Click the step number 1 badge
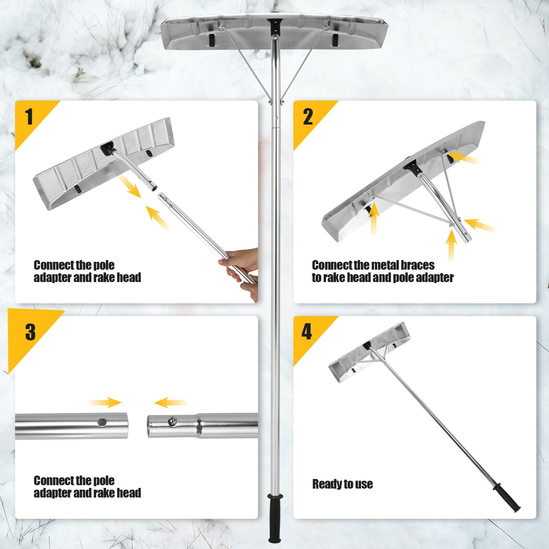(30, 116)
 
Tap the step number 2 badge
(308, 116)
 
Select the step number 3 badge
(30, 332)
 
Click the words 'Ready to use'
(342, 484)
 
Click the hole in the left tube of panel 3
(102, 422)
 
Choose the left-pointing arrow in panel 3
(170, 402)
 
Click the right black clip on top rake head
(335, 40)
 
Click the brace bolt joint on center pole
(275, 102)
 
